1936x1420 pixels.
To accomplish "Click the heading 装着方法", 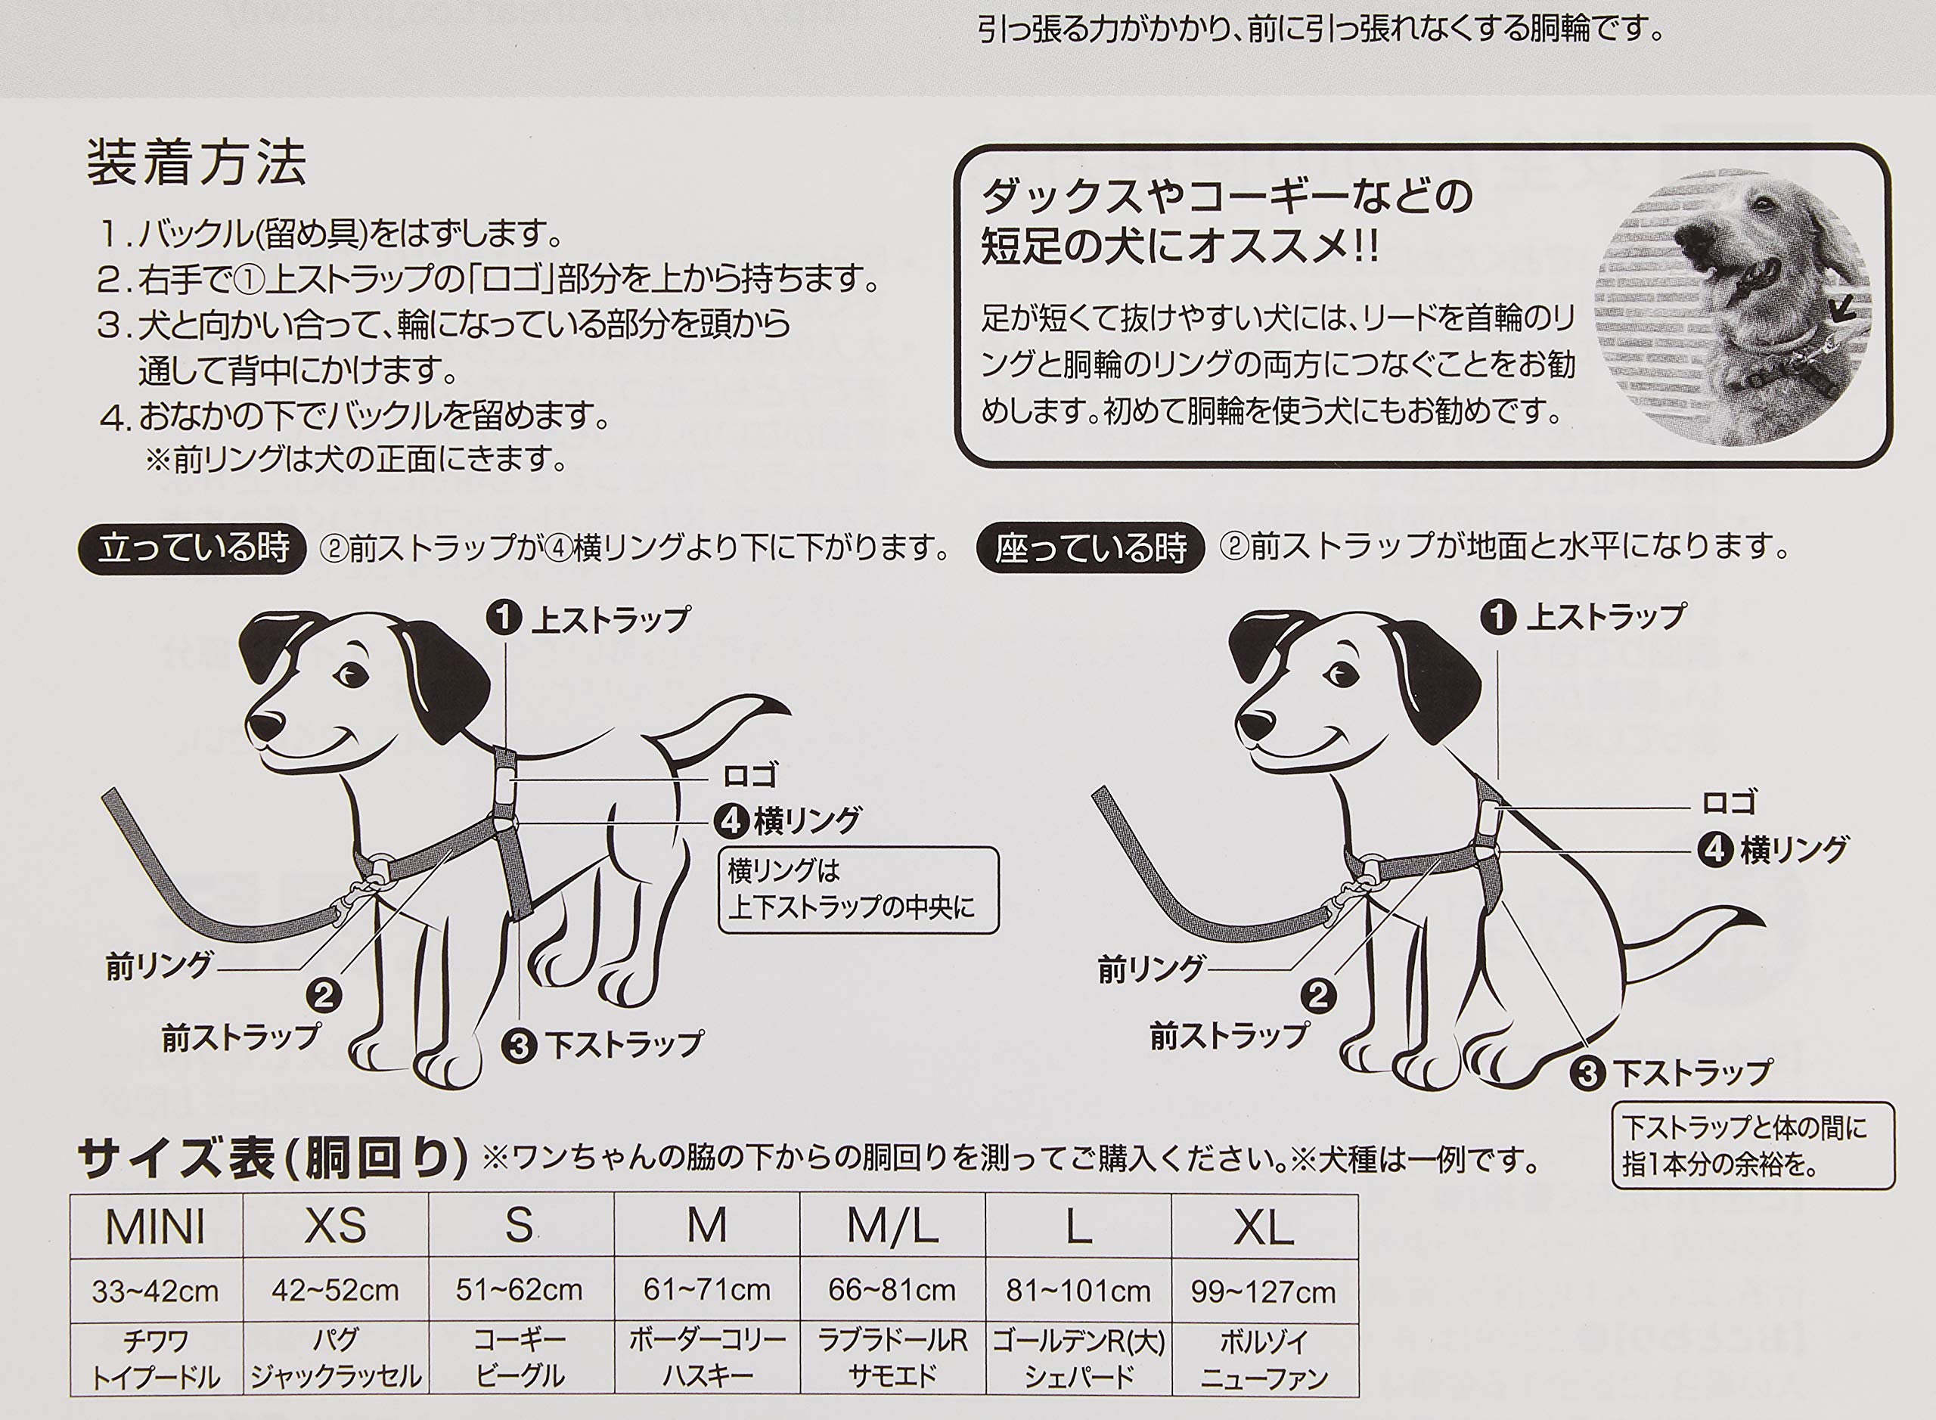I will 196,163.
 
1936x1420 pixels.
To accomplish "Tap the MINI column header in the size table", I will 156,1227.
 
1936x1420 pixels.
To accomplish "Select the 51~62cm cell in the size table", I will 520,1290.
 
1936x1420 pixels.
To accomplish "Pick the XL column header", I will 1263,1227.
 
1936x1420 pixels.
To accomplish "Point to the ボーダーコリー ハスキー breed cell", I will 706,1359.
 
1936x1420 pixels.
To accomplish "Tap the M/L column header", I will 892,1227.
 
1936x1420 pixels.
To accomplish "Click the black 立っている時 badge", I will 193,548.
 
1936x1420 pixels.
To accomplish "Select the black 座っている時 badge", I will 1090,548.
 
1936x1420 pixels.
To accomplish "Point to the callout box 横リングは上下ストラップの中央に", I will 858,891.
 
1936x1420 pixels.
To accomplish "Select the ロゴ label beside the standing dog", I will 749,777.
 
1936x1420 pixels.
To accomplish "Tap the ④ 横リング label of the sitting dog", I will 1773,850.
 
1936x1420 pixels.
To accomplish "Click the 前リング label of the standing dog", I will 158,966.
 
